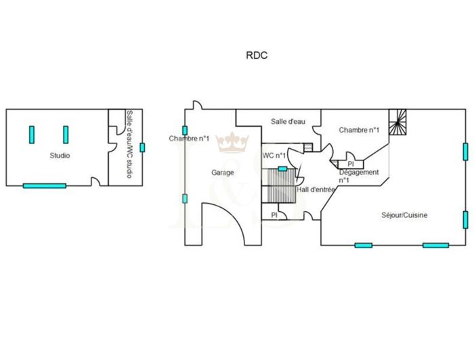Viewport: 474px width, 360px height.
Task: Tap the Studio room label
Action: pyautogui.click(x=60, y=156)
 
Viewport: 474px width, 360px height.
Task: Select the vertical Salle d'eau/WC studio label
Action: pyautogui.click(x=129, y=144)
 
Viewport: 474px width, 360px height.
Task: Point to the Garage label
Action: pyautogui.click(x=223, y=173)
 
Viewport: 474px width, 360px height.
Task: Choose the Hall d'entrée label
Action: pyautogui.click(x=316, y=190)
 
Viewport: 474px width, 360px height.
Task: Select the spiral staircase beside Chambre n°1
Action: pyautogui.click(x=398, y=122)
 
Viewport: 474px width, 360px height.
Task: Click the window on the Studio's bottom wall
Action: pyautogui.click(x=45, y=185)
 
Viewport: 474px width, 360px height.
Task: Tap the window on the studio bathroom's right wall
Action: pyautogui.click(x=142, y=148)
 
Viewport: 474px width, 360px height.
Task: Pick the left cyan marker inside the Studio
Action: pyautogui.click(x=31, y=135)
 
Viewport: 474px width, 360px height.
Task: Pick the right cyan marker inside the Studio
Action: pyautogui.click(x=66, y=135)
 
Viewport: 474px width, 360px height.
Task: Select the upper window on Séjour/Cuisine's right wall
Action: pyautogui.click(x=465, y=151)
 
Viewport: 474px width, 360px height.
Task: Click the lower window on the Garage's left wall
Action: pyautogui.click(x=184, y=198)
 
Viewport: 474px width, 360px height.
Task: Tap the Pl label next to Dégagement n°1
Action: pyautogui.click(x=350, y=164)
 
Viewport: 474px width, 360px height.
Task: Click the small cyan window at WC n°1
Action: pyautogui.click(x=282, y=168)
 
